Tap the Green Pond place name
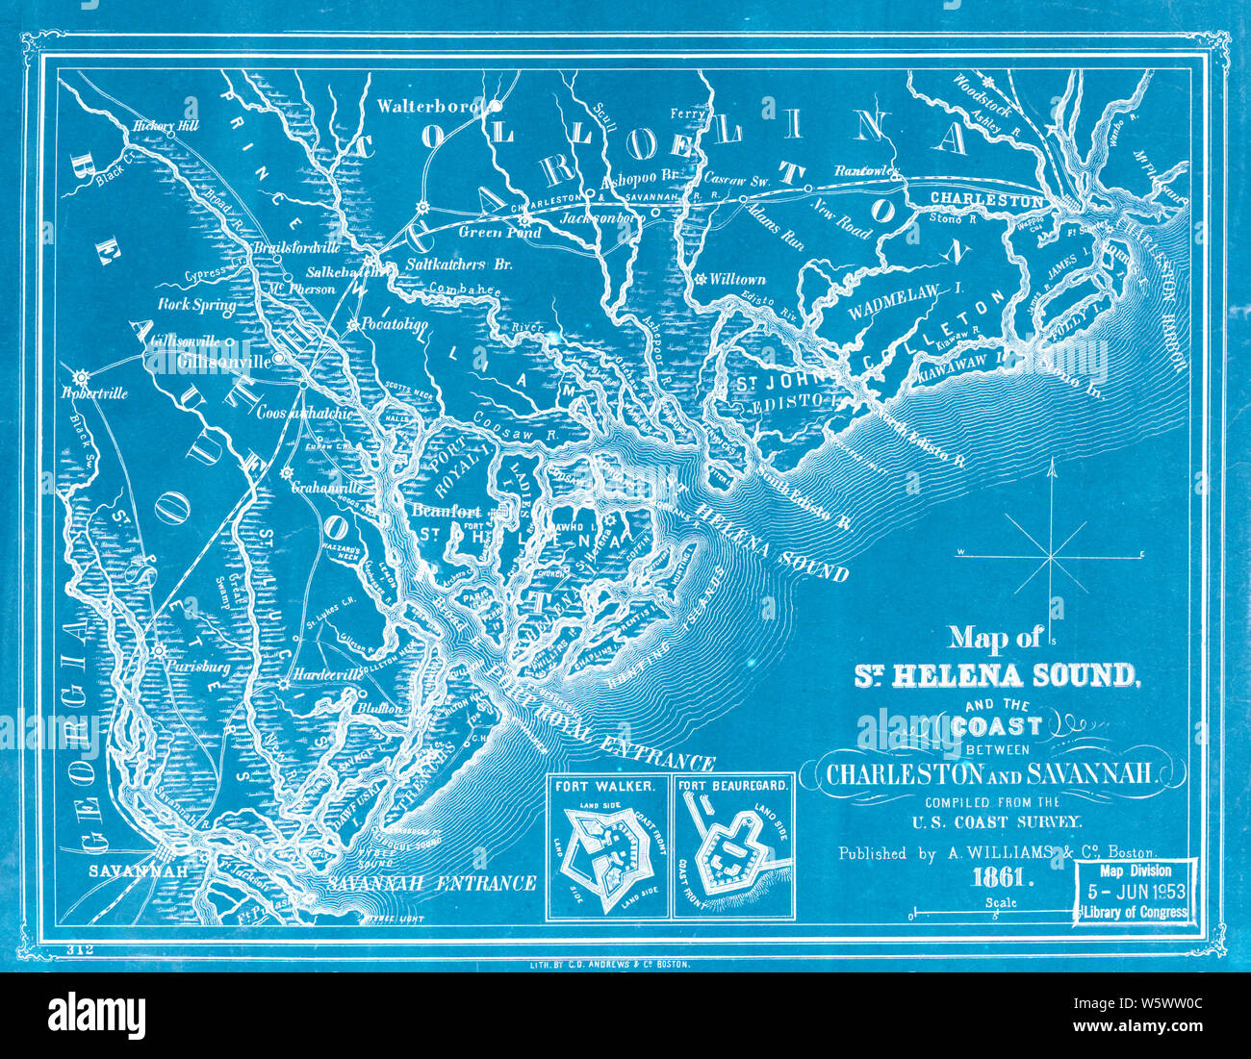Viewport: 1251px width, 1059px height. tap(499, 233)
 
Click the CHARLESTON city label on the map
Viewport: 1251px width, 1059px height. tap(986, 200)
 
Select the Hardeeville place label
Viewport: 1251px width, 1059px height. tap(325, 674)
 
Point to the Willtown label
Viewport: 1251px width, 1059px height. tap(739, 279)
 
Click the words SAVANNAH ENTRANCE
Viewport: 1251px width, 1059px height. tap(430, 882)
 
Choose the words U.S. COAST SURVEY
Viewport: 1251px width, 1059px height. tap(998, 821)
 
